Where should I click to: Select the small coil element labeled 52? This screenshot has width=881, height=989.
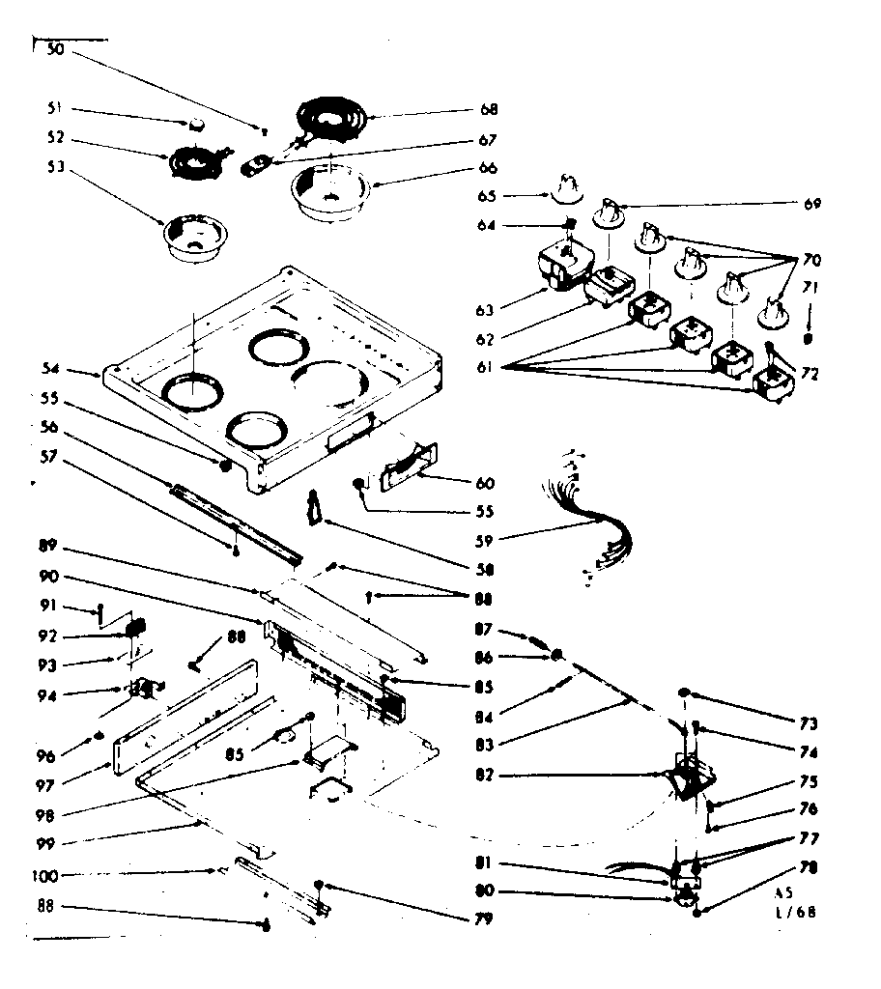pos(195,162)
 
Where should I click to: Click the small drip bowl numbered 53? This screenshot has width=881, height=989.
pos(193,239)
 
